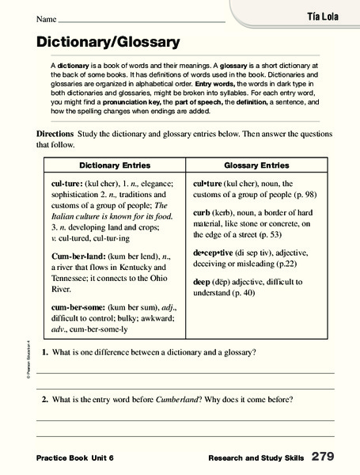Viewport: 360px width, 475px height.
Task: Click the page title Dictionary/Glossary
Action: (x=108, y=41)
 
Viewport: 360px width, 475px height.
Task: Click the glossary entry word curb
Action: (x=203, y=213)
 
